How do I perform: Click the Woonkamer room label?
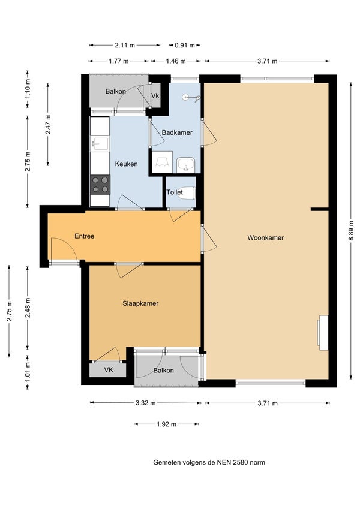[x=265, y=237]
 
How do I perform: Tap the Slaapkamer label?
[x=140, y=303]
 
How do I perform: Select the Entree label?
[x=85, y=236]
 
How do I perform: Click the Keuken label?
[x=126, y=164]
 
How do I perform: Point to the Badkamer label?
[x=177, y=132]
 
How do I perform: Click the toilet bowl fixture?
[x=189, y=193]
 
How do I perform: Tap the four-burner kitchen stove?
[x=100, y=185]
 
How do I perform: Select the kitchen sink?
[x=100, y=143]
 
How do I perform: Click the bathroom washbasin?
[x=186, y=165]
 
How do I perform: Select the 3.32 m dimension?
[x=146, y=403]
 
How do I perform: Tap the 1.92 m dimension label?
[x=166, y=424]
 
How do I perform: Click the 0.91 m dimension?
[x=185, y=45]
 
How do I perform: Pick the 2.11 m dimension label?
[x=124, y=45]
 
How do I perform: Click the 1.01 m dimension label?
[x=28, y=371]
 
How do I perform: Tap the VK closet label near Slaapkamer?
[x=109, y=369]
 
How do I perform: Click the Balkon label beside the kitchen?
[x=115, y=91]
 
